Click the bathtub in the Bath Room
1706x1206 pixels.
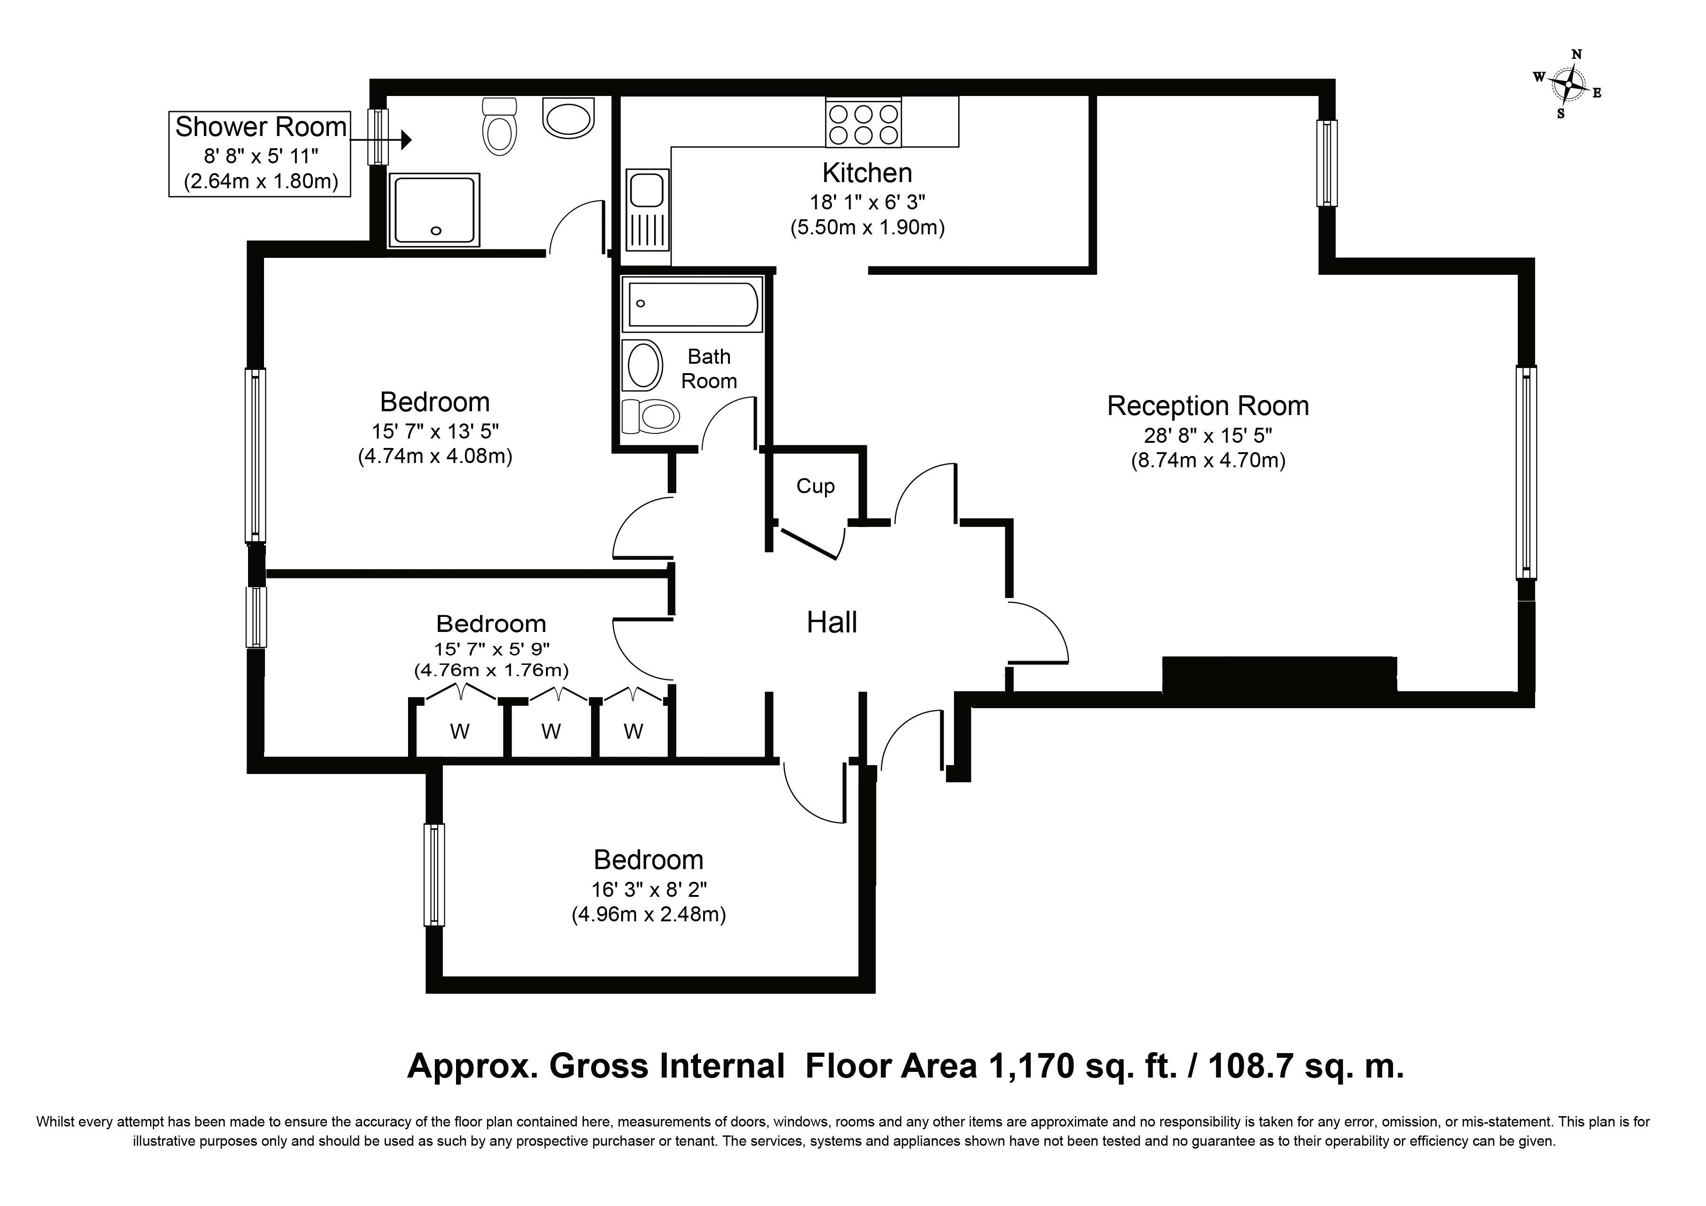coord(692,304)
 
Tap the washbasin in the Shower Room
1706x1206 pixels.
coord(569,118)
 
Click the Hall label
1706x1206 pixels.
coord(832,623)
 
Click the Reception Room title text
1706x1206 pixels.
coord(1208,406)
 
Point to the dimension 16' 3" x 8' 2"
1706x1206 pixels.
coord(649,889)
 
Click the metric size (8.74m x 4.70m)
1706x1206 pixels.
coord(1208,461)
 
